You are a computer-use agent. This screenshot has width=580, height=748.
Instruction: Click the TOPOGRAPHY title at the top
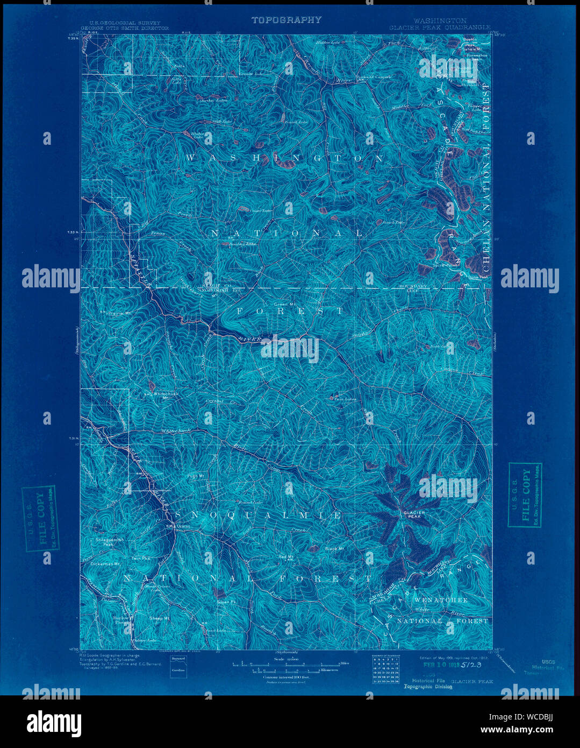tap(287, 20)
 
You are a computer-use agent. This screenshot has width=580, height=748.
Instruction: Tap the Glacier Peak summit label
tap(414, 515)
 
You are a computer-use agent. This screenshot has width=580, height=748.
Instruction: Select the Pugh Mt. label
tap(196, 476)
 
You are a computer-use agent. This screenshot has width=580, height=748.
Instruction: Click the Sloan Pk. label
tap(224, 602)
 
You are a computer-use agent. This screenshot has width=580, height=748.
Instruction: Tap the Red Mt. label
tap(285, 556)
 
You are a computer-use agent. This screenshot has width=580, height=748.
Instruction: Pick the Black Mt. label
tap(334, 549)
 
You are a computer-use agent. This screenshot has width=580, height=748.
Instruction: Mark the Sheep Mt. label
tap(160, 618)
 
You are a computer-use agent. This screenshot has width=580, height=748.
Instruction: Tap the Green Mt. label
tap(290, 304)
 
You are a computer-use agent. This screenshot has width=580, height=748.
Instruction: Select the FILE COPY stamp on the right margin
tap(525, 495)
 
